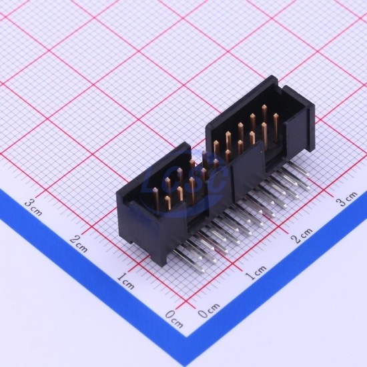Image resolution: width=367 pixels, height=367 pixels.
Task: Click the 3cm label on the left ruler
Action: (x=33, y=207)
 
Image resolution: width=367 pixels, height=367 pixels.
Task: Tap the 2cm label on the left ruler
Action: (x=79, y=244)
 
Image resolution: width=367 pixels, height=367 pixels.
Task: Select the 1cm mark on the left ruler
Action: (x=125, y=281)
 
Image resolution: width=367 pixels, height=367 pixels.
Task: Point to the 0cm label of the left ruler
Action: (x=174, y=319)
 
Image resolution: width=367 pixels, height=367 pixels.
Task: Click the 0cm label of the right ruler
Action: (x=209, y=310)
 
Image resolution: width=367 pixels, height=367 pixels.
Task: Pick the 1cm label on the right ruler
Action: (x=256, y=273)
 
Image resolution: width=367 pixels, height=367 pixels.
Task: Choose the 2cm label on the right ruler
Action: (x=302, y=236)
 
